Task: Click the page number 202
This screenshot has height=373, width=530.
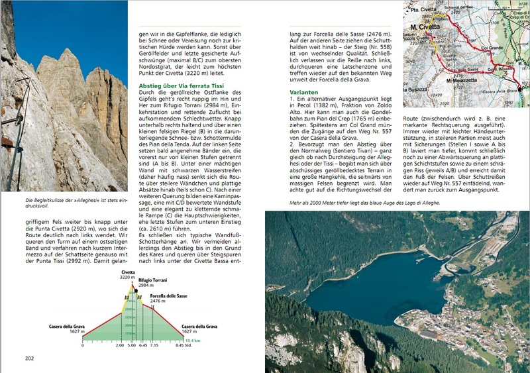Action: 29,358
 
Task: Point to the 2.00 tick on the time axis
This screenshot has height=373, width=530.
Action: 120,345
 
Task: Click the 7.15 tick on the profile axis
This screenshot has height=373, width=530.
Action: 154,345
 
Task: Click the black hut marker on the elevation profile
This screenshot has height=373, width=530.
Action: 135,290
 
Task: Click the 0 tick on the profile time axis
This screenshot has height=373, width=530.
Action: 83,345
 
